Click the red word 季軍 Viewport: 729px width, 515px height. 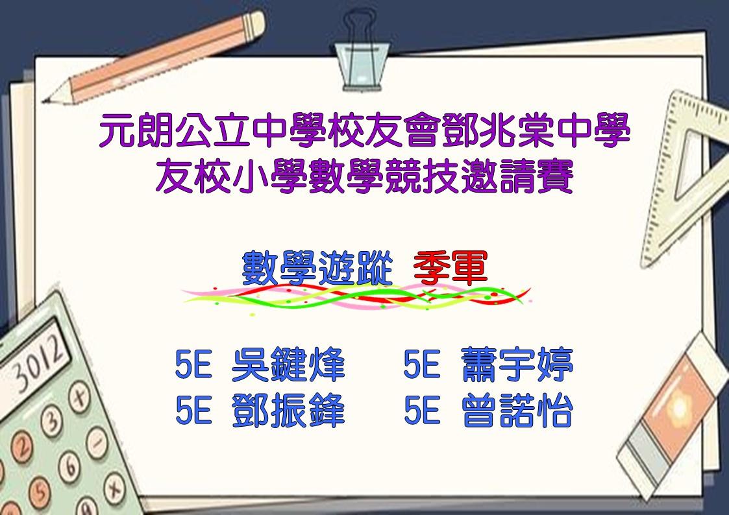tap(450, 268)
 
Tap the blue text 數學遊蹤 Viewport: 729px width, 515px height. tap(317, 268)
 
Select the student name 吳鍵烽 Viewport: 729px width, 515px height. tap(288, 365)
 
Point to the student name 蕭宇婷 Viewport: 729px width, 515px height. tap(517, 365)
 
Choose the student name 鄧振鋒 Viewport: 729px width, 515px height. tap(288, 410)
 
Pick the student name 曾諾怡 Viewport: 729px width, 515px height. tap(517, 410)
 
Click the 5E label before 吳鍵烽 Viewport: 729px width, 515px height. tap(193, 365)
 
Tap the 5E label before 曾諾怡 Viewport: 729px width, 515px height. tap(422, 410)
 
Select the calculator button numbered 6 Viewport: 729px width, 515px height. tap(69, 466)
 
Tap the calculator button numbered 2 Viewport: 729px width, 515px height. tap(21, 446)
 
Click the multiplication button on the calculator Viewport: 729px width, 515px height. tap(114, 488)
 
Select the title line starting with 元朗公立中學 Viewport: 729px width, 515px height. tap(365, 130)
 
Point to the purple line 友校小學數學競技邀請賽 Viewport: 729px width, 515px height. tap(365, 176)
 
